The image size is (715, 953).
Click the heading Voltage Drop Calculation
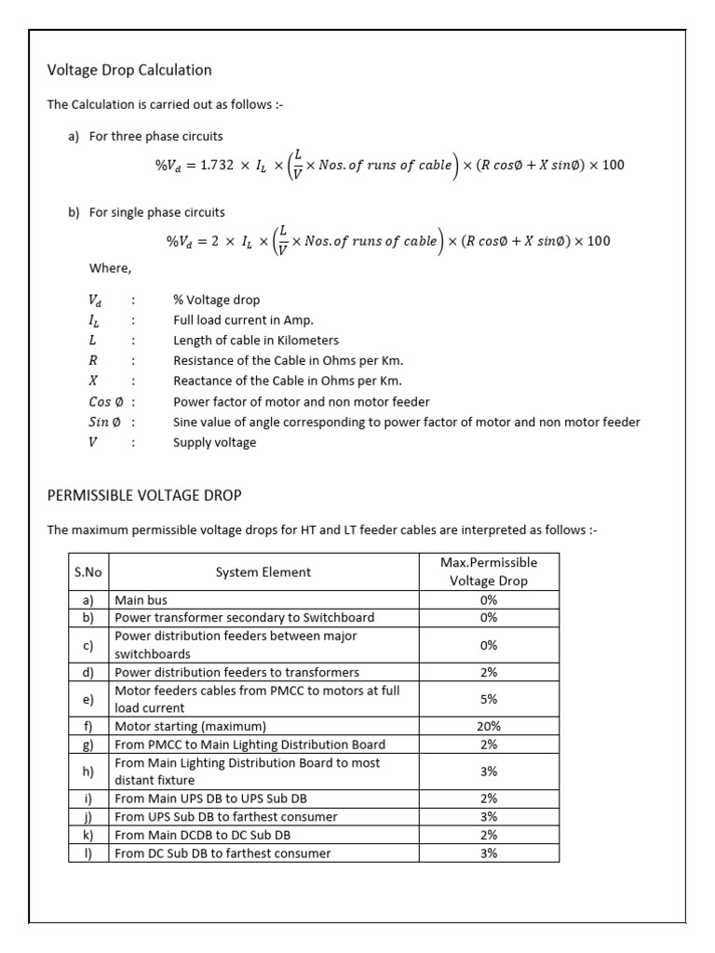click(x=129, y=70)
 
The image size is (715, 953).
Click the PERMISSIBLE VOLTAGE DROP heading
click(x=144, y=495)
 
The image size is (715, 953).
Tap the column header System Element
click(x=263, y=572)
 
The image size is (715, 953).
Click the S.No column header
click(x=88, y=572)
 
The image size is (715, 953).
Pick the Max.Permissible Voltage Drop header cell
click(x=489, y=571)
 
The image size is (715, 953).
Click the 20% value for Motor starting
click(x=489, y=726)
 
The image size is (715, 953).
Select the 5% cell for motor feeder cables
click(x=489, y=699)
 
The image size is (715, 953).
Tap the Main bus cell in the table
click(x=141, y=600)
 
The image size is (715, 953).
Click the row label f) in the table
click(x=88, y=726)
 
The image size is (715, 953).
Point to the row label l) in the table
click(x=88, y=852)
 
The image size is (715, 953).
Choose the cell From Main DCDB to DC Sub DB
click(x=202, y=835)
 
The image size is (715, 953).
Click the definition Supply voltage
click(x=214, y=442)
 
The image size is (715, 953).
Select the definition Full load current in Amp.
click(x=243, y=320)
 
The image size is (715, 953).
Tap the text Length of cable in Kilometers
click(x=256, y=341)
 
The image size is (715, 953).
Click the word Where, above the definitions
click(x=110, y=269)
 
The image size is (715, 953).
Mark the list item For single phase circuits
click(x=156, y=212)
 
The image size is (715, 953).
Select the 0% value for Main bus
click(x=489, y=600)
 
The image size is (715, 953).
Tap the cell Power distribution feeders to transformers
click(x=236, y=672)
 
